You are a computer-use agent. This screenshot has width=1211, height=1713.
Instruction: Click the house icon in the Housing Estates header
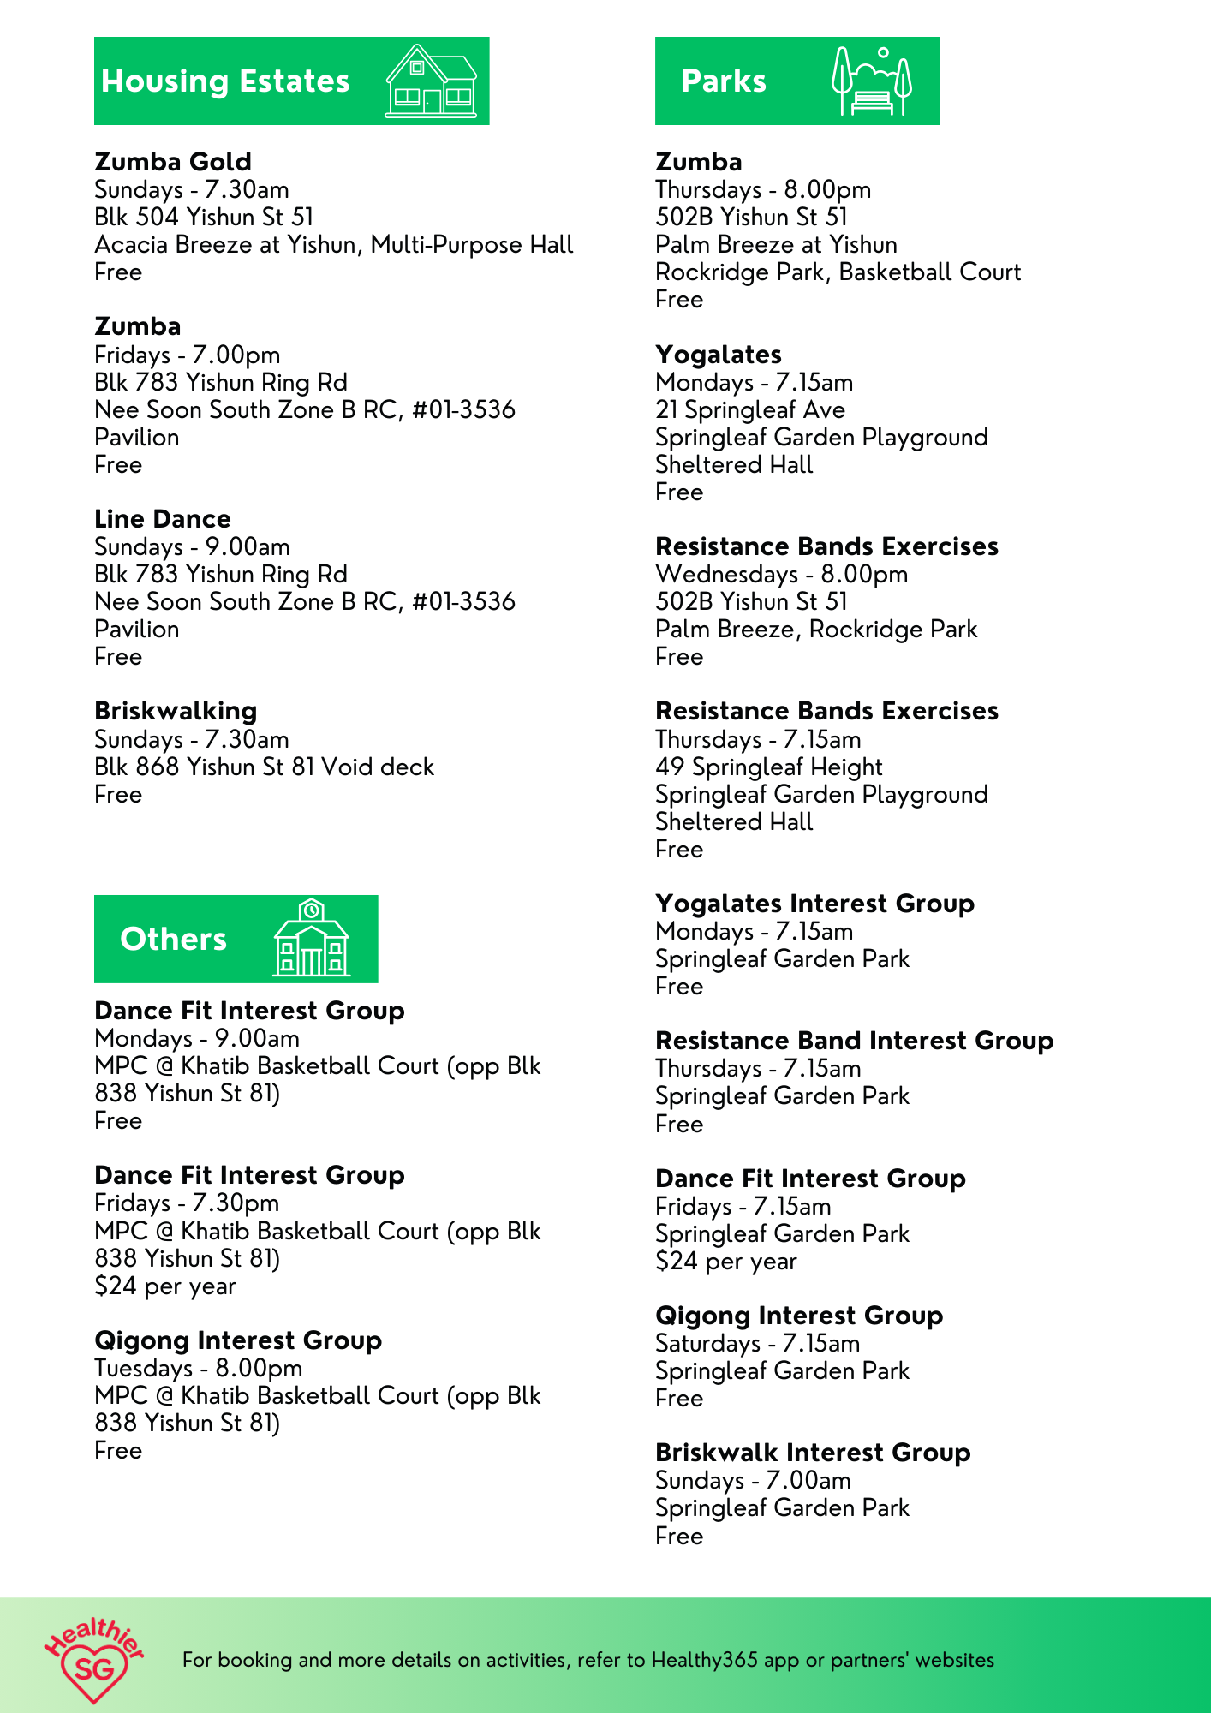coord(431,81)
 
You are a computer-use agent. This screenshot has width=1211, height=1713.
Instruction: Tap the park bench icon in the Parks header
coord(872,82)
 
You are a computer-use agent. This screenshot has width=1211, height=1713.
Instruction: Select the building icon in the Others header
coord(311,938)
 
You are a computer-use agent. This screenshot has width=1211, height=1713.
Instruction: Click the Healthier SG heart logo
coord(93,1660)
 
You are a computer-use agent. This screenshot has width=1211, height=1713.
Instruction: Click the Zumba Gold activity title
coord(173,162)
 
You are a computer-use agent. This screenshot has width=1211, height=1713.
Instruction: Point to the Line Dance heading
coord(163,519)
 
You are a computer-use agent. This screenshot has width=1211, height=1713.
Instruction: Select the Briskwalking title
coord(176,711)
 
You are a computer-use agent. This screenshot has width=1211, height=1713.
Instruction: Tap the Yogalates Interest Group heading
coord(814,904)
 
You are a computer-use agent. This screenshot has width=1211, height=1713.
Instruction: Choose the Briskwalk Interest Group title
coord(813,1453)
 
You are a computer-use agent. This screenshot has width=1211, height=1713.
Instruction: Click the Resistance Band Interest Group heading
coord(854,1041)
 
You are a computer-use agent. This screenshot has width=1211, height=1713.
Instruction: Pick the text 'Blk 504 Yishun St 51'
coord(204,217)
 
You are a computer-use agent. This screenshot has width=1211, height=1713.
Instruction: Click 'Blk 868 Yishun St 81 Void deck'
coord(264,767)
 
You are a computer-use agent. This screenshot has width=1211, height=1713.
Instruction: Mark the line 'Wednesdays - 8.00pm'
coord(781,574)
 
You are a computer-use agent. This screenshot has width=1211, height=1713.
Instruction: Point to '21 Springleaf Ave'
coord(749,409)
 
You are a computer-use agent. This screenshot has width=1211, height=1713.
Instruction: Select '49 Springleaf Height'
coord(768,767)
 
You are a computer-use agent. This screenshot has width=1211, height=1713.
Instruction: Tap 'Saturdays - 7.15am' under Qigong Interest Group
coord(757,1343)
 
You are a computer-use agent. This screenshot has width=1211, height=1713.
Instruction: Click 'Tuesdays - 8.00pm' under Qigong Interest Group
coord(198,1368)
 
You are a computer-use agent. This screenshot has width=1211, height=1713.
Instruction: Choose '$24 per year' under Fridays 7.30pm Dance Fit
coord(164,1286)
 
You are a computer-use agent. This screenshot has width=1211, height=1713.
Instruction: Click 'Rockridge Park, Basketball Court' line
coord(838,272)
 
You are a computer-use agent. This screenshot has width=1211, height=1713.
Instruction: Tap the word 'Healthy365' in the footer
coord(704,1660)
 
